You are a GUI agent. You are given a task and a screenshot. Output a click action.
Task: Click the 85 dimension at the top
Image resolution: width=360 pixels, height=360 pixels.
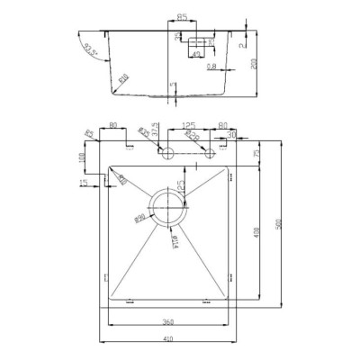[182, 17]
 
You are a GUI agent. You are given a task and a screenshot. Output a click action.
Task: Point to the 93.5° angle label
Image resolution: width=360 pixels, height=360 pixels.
[91, 49]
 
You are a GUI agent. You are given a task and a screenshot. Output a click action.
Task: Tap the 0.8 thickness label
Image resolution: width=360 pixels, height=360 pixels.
[210, 66]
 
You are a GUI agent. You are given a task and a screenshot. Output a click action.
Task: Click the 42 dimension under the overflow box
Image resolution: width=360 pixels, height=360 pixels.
[195, 55]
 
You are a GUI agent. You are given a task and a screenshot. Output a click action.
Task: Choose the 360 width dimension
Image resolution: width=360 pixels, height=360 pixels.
[166, 321]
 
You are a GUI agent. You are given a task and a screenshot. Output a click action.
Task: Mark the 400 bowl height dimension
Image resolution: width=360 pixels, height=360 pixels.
[258, 234]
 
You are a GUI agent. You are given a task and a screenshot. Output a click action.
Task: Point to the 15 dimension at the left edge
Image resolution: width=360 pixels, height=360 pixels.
[84, 183]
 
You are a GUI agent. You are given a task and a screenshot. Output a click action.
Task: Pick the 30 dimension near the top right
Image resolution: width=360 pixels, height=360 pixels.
[231, 135]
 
